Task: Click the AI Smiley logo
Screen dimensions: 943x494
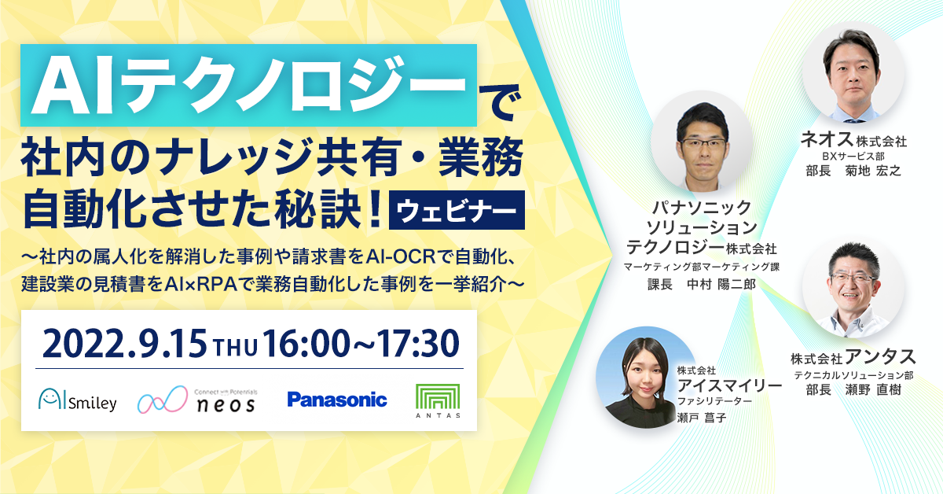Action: (x=78, y=399)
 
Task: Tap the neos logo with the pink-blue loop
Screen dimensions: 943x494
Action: (x=196, y=399)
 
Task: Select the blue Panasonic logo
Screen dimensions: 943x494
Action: (x=337, y=400)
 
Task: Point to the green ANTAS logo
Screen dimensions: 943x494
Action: (x=438, y=400)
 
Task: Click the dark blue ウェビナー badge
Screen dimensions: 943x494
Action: (x=457, y=210)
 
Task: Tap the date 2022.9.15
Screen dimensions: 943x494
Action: (x=125, y=344)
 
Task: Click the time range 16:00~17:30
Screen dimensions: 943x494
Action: (x=361, y=344)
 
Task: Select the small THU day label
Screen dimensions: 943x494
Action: (x=235, y=348)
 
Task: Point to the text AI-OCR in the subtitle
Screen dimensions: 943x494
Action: (x=401, y=256)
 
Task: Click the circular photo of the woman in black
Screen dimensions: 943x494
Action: (x=647, y=378)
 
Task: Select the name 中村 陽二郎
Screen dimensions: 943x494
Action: (x=721, y=285)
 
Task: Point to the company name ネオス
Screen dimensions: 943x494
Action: (x=827, y=139)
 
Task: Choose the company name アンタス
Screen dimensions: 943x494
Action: (x=880, y=356)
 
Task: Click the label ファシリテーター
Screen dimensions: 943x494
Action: (x=714, y=401)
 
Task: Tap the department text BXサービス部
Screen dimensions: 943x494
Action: (x=853, y=157)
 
